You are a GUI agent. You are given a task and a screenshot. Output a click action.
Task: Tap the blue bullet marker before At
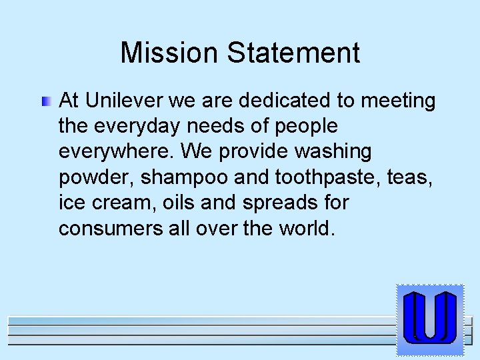click(45, 102)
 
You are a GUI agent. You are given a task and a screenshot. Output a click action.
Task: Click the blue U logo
click(429, 319)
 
